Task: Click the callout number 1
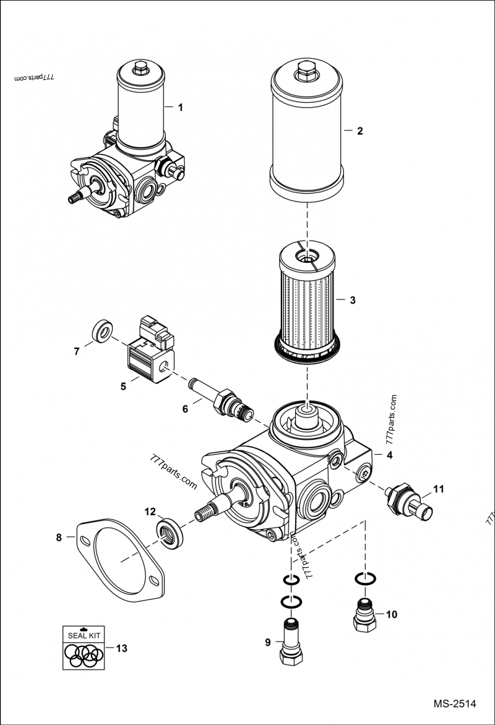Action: coord(180,108)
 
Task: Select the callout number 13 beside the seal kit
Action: coord(121,648)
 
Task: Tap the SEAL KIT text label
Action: coord(85,634)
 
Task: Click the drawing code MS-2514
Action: coord(454,703)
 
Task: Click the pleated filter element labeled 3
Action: coord(308,300)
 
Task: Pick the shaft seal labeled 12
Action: coord(170,532)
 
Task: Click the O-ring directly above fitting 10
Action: coord(364,578)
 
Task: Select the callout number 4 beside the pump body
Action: coord(389,455)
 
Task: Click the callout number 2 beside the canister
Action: coord(359,131)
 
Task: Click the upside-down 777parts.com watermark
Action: coord(35,79)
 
